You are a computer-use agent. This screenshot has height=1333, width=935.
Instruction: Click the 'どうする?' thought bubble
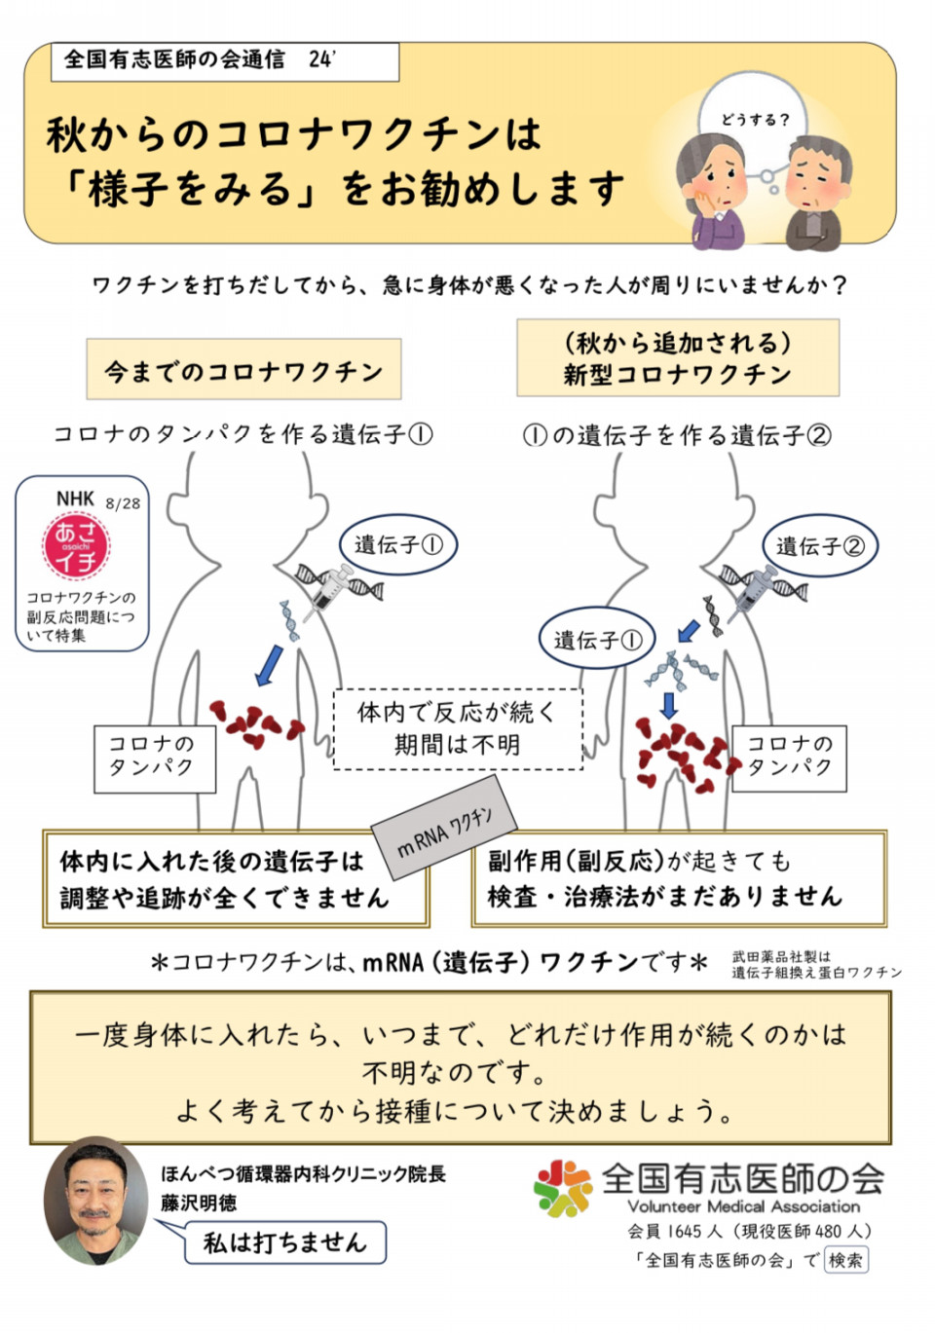point(755,121)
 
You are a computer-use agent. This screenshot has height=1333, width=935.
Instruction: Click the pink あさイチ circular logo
point(76,546)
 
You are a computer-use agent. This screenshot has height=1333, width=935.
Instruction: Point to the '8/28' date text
point(123,503)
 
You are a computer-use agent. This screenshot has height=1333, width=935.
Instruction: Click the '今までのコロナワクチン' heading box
point(243,370)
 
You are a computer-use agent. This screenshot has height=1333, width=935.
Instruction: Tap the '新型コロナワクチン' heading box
point(677,358)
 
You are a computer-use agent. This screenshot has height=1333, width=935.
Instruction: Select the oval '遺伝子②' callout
point(820,546)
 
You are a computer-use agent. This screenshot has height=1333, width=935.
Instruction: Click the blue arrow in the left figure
point(268,664)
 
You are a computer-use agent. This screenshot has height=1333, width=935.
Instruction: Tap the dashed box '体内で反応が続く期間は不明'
point(457,729)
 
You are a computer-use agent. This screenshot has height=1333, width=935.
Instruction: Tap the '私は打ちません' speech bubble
point(284,1242)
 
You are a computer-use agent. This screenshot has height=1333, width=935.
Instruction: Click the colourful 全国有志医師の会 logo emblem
point(562,1187)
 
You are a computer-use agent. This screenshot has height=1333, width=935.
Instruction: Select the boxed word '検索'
point(845,1260)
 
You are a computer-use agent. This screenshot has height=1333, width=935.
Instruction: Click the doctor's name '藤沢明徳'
point(199,1203)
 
